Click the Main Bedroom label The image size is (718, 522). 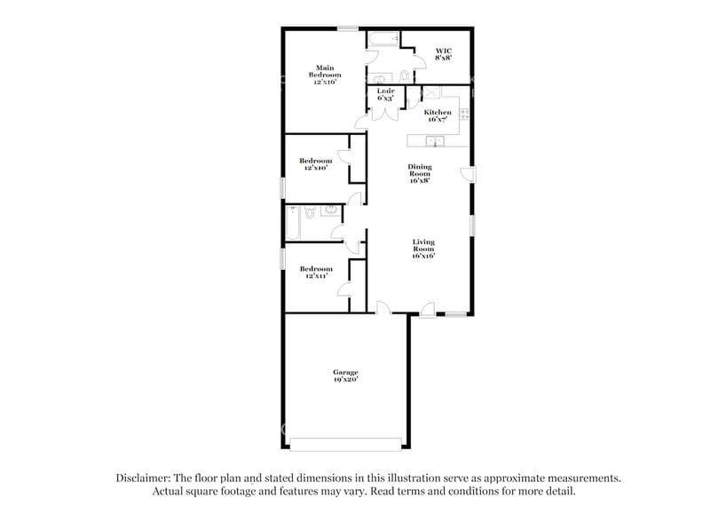325,71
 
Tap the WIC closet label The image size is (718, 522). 444,51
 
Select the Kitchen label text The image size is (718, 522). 438,113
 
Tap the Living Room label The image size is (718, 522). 423,246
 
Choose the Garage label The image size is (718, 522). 345,372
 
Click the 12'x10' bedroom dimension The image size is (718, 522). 316,168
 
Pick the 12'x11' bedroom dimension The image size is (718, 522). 316,276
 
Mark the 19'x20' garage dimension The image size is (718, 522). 345,379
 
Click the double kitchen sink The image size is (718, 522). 436,140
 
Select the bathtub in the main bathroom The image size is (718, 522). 383,38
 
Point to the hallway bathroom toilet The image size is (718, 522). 308,213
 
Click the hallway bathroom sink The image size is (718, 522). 328,211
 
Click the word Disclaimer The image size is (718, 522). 147,477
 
